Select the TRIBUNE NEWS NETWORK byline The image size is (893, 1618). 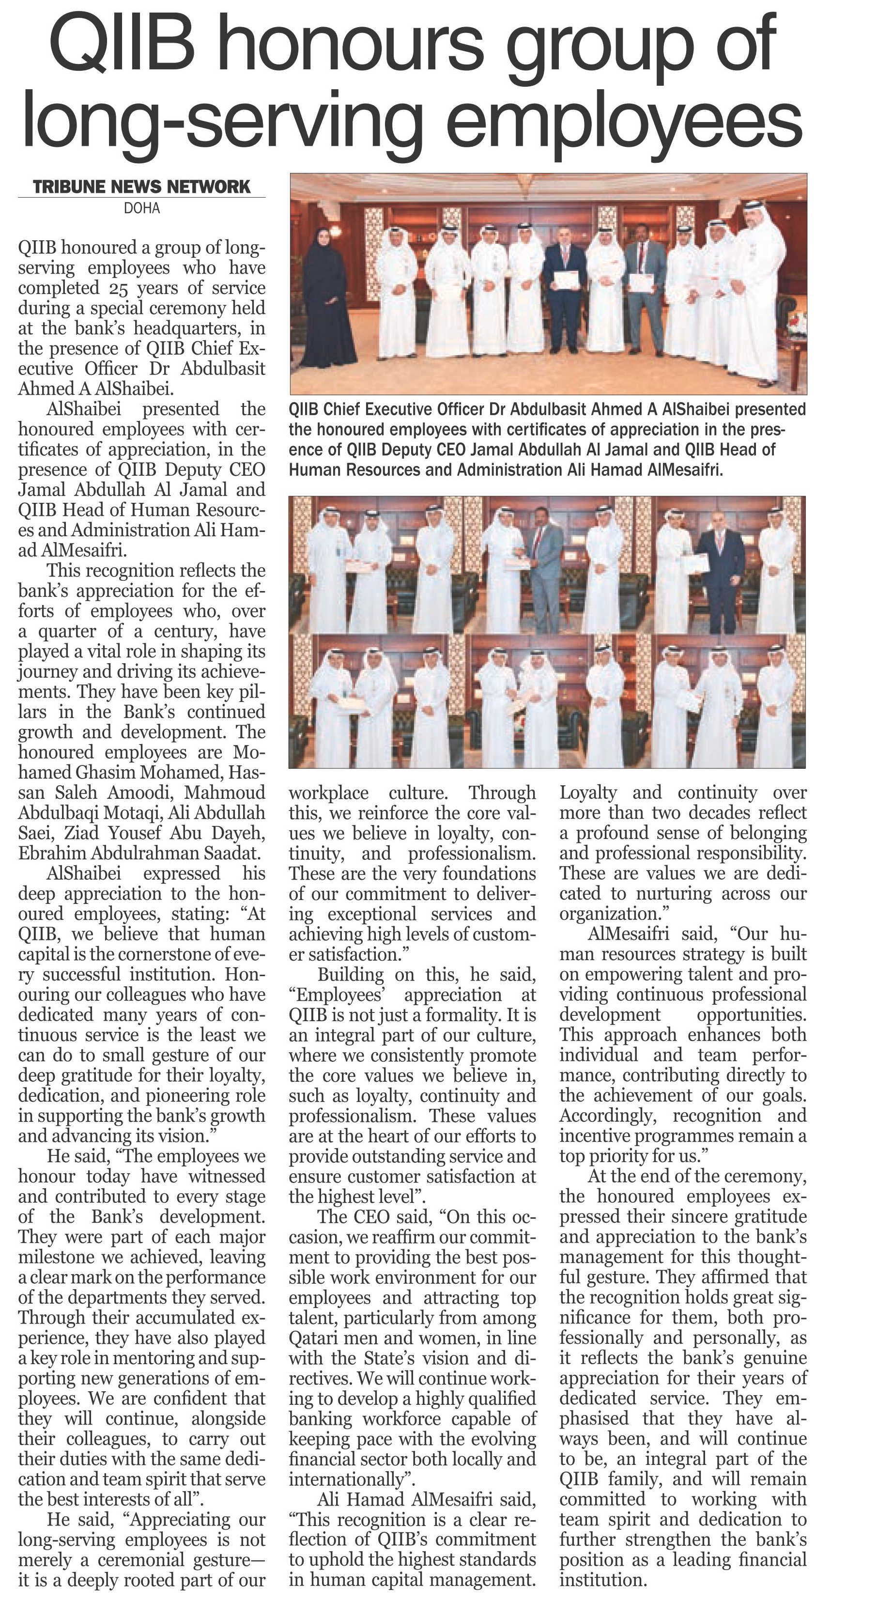pyautogui.click(x=141, y=187)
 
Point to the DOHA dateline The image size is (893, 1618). pyautogui.click(x=142, y=208)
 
